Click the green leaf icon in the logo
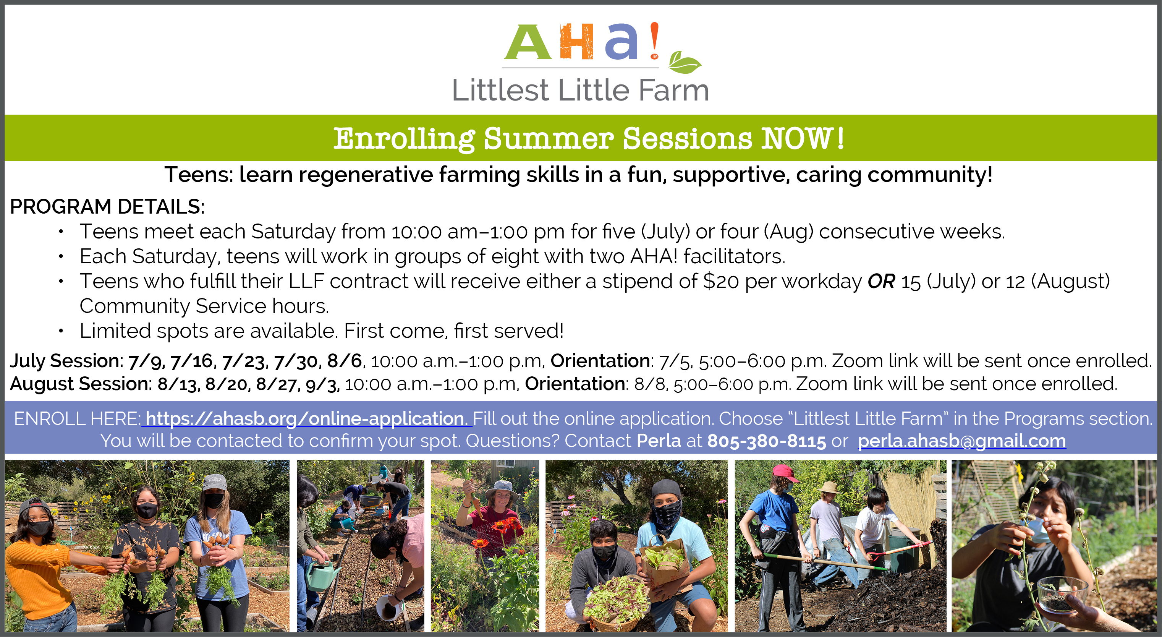(x=684, y=62)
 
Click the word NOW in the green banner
(x=796, y=138)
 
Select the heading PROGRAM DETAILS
(x=107, y=207)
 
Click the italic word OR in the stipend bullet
(x=881, y=282)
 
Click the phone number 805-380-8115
(x=766, y=441)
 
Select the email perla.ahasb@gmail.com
(x=962, y=441)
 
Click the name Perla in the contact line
(x=659, y=441)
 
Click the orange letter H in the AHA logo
(x=576, y=42)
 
